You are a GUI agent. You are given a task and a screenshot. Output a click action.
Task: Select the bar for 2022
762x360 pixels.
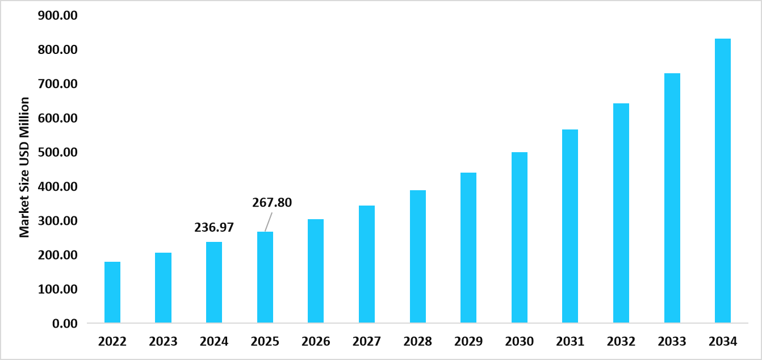pyautogui.click(x=112, y=292)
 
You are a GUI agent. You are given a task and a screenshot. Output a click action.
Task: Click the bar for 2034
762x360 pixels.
pyautogui.click(x=723, y=181)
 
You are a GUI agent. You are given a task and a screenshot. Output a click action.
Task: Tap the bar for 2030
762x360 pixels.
pyautogui.click(x=520, y=238)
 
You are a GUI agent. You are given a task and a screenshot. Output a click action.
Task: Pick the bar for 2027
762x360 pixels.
pyautogui.click(x=367, y=265)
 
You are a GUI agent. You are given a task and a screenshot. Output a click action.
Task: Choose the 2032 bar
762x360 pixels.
pyautogui.click(x=621, y=214)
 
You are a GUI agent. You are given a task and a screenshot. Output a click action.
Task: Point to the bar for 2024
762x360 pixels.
pyautogui.click(x=214, y=283)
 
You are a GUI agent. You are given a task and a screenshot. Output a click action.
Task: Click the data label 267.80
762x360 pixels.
pyautogui.click(x=272, y=203)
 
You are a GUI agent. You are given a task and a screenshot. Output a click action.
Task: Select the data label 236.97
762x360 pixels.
pyautogui.click(x=214, y=228)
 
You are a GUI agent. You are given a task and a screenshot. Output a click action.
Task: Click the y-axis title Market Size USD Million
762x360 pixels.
pyautogui.click(x=24, y=168)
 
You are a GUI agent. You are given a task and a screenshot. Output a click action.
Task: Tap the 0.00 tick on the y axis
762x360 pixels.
pyautogui.click(x=67, y=324)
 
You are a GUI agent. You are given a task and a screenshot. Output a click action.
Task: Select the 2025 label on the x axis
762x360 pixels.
pyautogui.click(x=265, y=342)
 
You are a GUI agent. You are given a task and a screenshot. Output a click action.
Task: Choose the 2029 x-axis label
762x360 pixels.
pyautogui.click(x=468, y=342)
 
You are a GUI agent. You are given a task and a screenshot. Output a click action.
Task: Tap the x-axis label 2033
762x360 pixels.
pyautogui.click(x=672, y=342)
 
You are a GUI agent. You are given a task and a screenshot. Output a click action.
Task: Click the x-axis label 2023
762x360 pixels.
pyautogui.click(x=164, y=342)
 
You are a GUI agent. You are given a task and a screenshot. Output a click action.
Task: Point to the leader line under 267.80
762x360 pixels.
pyautogui.click(x=268, y=222)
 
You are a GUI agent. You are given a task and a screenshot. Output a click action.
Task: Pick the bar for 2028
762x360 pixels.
pyautogui.click(x=418, y=257)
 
